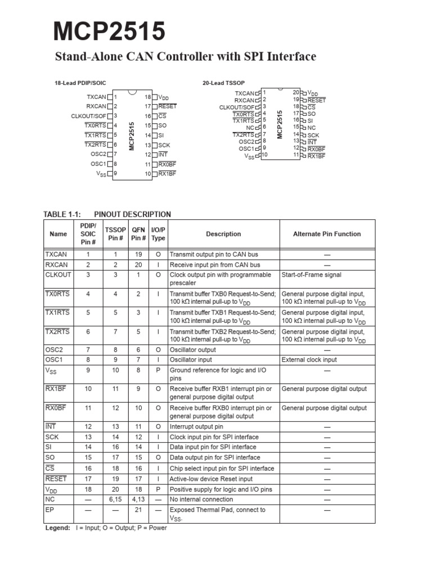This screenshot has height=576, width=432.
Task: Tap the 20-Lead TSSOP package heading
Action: (223, 83)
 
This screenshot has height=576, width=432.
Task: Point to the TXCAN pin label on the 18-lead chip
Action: (96, 97)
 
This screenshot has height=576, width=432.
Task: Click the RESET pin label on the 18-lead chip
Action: (168, 106)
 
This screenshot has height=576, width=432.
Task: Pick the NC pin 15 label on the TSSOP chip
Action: (312, 128)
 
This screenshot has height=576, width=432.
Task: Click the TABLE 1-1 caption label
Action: (62, 214)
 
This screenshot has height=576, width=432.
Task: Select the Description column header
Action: (223, 234)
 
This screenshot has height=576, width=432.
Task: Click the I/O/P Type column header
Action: (158, 234)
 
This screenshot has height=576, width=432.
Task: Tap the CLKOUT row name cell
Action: (58, 275)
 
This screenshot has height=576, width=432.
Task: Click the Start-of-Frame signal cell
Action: (312, 275)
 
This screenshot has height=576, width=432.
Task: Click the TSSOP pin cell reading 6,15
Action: (115, 499)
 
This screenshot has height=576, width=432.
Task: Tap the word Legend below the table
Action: (57, 528)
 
